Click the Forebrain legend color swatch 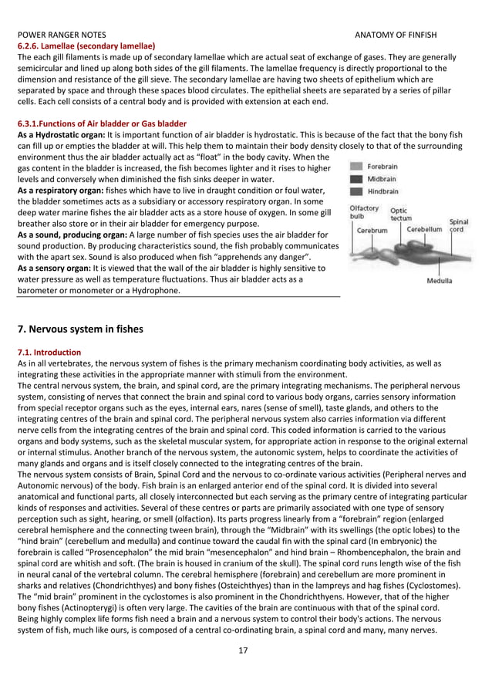click(356, 166)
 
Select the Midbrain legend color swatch click(356, 178)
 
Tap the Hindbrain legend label click(382, 191)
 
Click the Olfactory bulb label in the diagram click(364, 212)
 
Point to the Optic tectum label click(399, 214)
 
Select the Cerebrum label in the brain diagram click(372, 230)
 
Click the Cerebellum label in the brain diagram click(424, 229)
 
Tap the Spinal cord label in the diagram click(459, 225)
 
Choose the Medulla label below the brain click(440, 281)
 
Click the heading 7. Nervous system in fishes click(80, 329)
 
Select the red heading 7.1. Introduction click(49, 351)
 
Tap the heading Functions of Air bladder click(101, 123)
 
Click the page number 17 click(243, 650)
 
